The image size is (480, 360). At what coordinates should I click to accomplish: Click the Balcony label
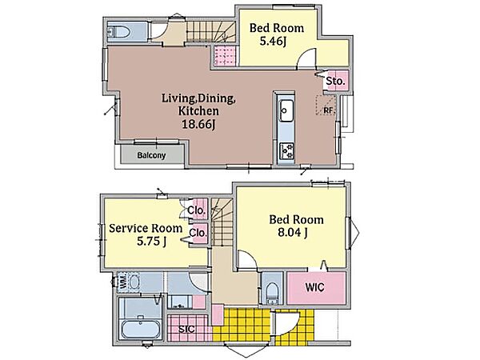point(151,155)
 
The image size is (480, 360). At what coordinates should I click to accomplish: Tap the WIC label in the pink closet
point(314,287)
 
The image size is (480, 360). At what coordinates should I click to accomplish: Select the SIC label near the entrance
point(186,330)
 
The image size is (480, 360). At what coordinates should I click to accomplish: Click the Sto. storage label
point(335,82)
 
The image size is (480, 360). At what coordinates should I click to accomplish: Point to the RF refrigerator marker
point(328,110)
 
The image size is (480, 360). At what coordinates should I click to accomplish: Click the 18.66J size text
point(199,124)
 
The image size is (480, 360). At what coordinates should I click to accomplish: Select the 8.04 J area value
point(292,234)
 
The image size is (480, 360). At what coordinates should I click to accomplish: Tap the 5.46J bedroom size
point(273,41)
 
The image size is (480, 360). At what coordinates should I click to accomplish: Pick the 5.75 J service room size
point(151,242)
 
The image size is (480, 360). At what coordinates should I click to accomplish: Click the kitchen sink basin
point(286,110)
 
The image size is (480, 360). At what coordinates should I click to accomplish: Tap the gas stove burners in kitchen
point(287,150)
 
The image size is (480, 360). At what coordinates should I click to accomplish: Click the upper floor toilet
point(118,32)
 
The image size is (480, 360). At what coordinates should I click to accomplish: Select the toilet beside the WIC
point(271,292)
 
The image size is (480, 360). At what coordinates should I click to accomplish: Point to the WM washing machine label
point(122,282)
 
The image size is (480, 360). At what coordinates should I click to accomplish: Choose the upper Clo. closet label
point(196,210)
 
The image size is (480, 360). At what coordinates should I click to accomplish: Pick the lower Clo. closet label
point(198,233)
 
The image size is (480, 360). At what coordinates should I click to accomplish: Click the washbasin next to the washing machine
point(134,282)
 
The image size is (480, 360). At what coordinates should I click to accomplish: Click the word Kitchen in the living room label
point(198,111)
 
